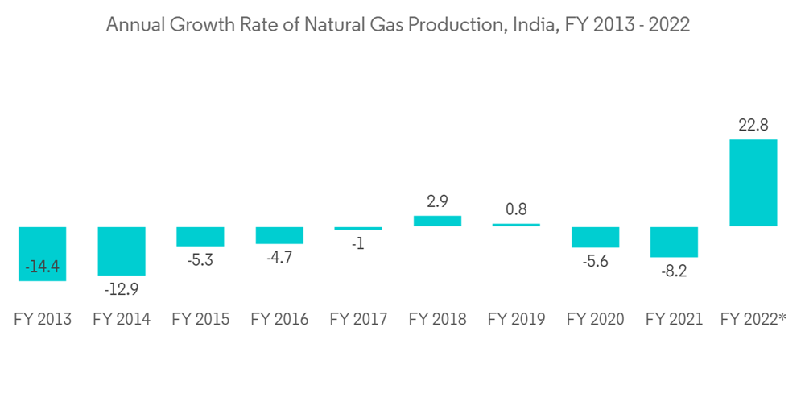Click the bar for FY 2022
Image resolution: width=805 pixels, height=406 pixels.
point(753,183)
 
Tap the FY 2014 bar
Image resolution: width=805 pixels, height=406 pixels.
point(122,251)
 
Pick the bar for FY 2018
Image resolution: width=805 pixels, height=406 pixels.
point(437,221)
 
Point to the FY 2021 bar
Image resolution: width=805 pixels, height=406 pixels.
point(674,242)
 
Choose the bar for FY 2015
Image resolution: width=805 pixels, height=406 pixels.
point(200,236)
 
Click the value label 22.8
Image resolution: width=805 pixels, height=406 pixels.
point(753,125)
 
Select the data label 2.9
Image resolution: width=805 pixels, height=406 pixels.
point(437,201)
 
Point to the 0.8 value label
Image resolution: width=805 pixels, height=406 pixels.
point(516,209)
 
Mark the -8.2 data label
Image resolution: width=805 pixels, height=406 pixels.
point(674,271)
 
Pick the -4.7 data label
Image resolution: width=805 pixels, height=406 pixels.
point(279,259)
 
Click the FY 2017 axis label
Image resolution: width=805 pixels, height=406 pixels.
point(358,320)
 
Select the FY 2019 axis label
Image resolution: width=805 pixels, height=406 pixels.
point(516,320)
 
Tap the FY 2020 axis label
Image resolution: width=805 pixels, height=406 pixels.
point(595,320)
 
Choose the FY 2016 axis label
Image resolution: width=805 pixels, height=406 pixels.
point(279,320)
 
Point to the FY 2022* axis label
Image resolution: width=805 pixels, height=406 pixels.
point(753,320)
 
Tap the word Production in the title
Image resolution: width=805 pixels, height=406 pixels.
point(455,25)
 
